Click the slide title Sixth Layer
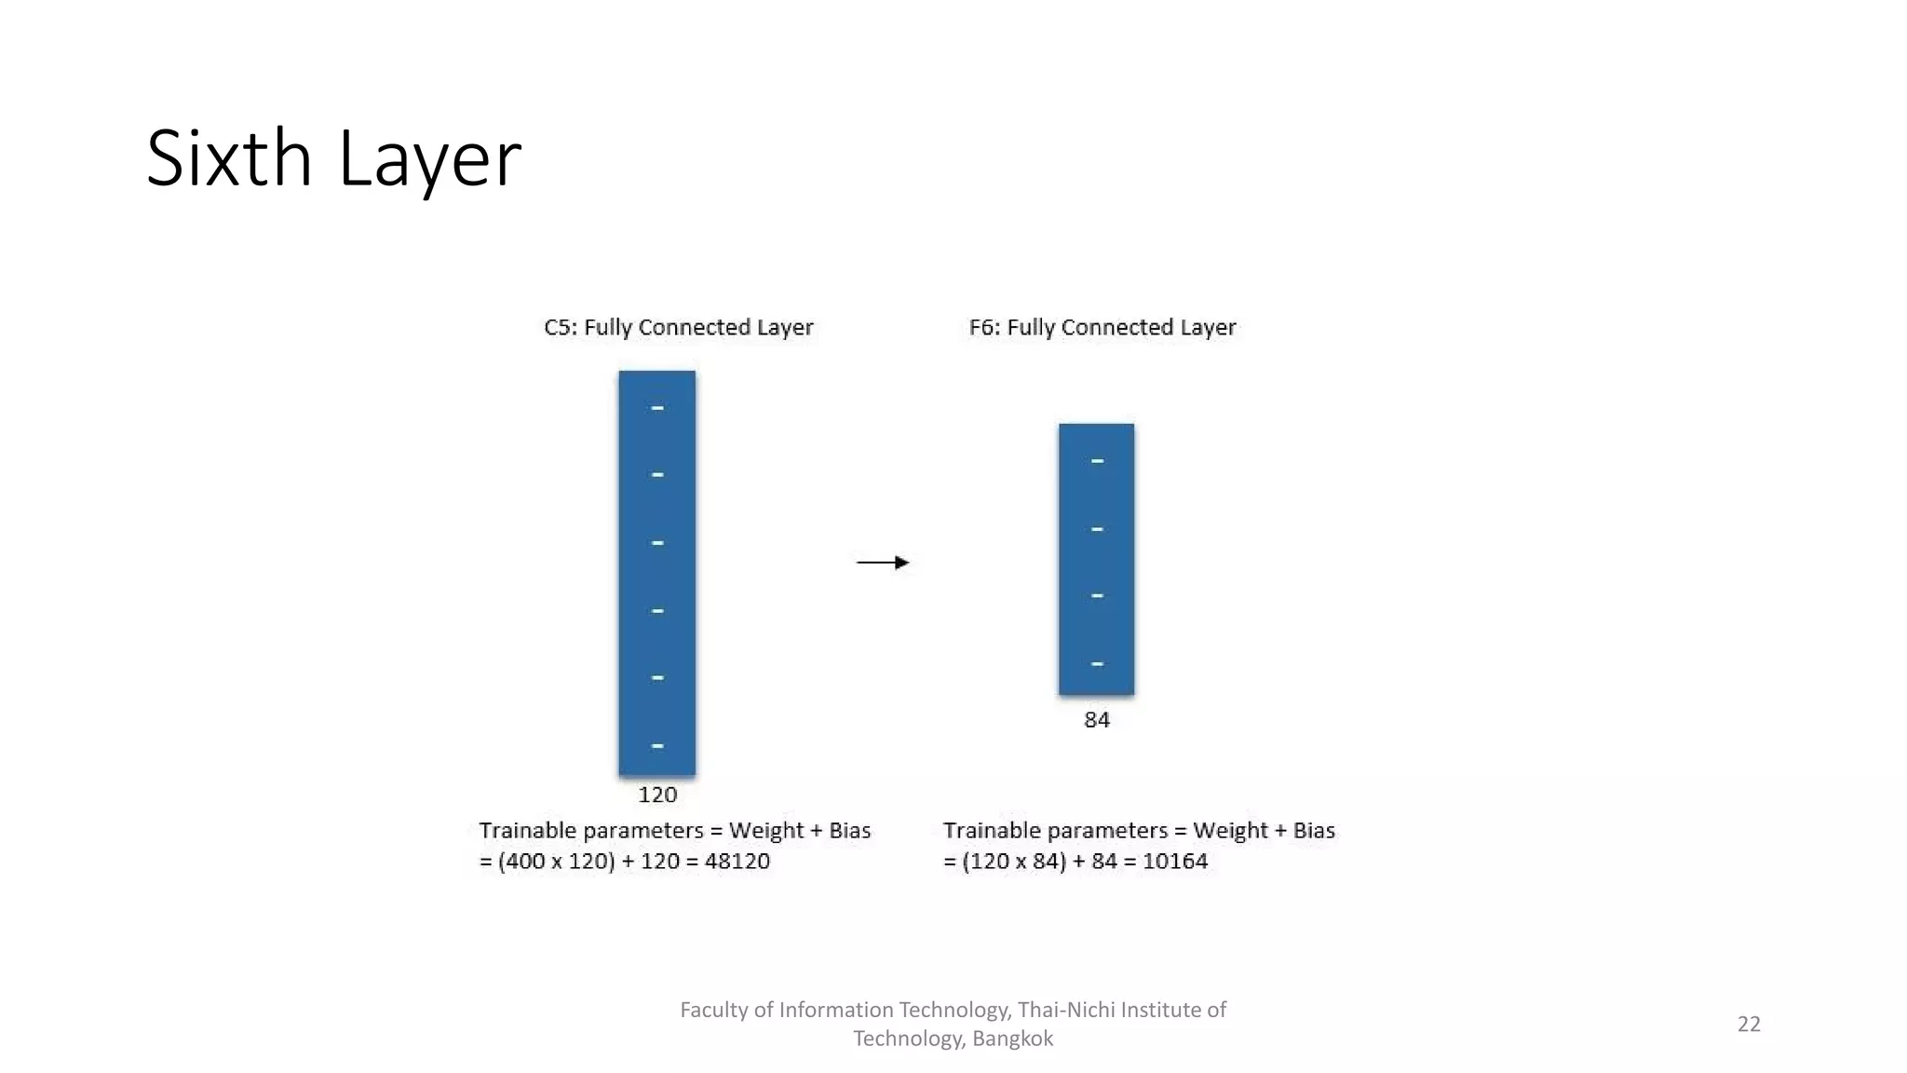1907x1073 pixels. coord(333,158)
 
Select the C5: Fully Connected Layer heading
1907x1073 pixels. coord(678,328)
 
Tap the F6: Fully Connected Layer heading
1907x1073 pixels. coord(1102,328)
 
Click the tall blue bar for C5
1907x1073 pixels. coord(657,573)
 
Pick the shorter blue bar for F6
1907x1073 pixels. coord(1096,559)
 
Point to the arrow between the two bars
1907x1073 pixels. coord(883,563)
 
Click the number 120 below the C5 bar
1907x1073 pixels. coord(657,795)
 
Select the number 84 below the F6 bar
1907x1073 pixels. coord(1097,720)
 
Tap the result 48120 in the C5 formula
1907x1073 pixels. coord(737,862)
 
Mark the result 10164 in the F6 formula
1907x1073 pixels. coord(1175,862)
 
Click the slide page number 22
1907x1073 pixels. coord(1749,1025)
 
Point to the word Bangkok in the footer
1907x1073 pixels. coord(1012,1039)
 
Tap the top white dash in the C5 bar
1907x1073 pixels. coord(657,408)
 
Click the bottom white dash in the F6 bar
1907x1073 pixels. coord(1097,664)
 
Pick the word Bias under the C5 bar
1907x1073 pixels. coord(849,831)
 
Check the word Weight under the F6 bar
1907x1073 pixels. coord(1228,831)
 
